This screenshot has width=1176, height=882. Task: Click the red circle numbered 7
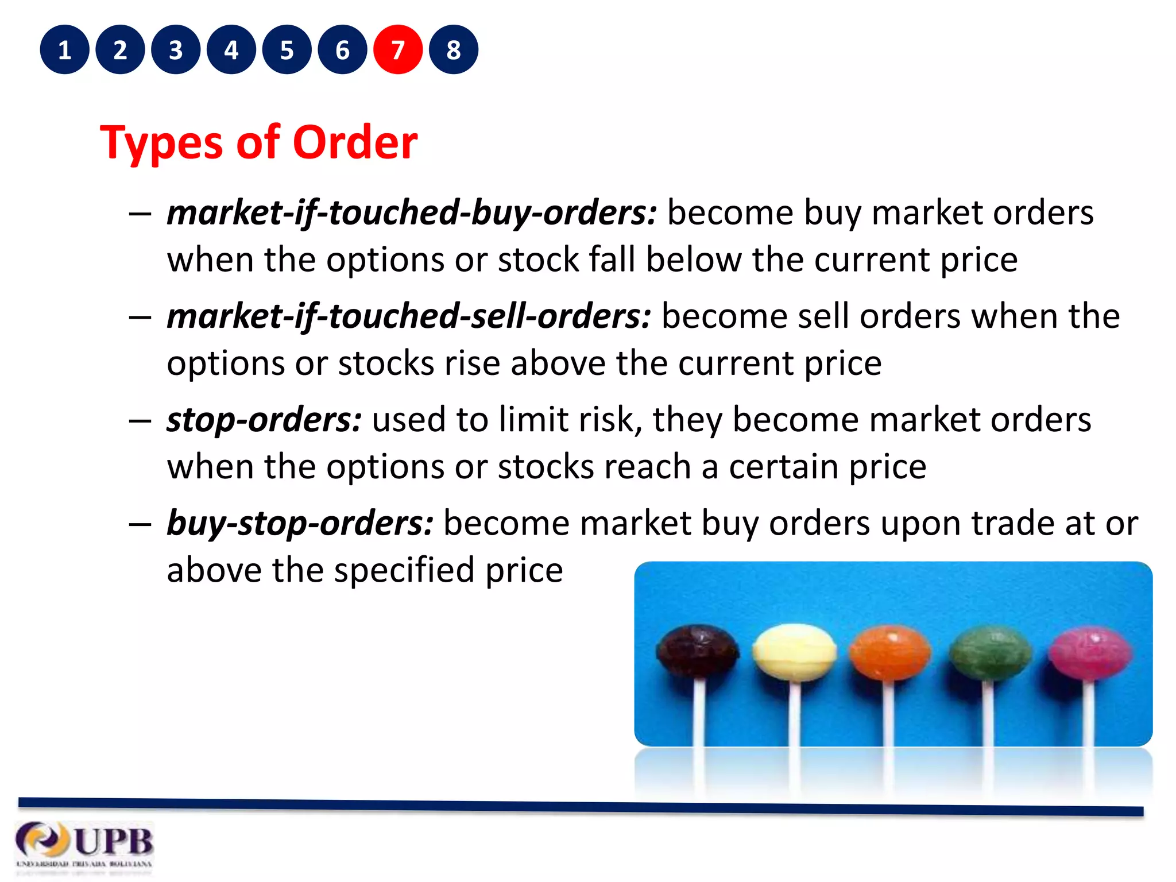(x=398, y=50)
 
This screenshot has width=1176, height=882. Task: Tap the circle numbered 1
(x=64, y=50)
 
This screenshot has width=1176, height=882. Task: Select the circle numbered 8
(x=454, y=50)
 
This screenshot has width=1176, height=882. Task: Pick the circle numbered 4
(x=231, y=50)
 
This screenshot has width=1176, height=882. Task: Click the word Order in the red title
(x=355, y=142)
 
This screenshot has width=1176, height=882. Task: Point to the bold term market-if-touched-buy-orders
(x=411, y=213)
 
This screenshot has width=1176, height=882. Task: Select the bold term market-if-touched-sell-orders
(x=409, y=316)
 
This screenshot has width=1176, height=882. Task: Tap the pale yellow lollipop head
(x=794, y=652)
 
